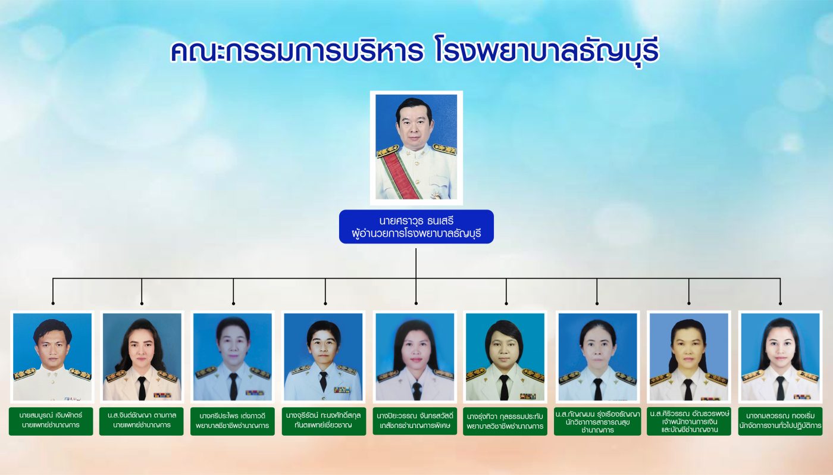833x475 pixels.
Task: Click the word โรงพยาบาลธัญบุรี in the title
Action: [x=547, y=51]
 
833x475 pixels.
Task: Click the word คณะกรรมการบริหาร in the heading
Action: [x=297, y=51]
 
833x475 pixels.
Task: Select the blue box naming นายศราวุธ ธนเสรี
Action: [x=416, y=227]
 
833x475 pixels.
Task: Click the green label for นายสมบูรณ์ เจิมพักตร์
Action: [x=51, y=421]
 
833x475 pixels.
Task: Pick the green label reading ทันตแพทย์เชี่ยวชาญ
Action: [x=324, y=421]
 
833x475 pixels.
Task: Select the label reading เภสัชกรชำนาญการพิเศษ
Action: [x=415, y=421]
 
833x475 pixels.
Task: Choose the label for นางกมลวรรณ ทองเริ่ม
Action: [x=780, y=421]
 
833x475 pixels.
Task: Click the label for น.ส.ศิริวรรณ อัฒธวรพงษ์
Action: [x=689, y=421]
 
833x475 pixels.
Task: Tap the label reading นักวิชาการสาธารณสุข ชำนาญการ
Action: [x=597, y=421]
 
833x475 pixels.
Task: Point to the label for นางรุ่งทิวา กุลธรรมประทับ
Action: [x=505, y=421]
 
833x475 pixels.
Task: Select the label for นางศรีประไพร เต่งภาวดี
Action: [x=233, y=421]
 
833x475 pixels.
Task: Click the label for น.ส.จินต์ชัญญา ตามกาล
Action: [x=142, y=421]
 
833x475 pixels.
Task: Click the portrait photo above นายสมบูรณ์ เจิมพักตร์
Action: [x=52, y=357]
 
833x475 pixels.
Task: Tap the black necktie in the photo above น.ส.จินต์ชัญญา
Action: [x=142, y=388]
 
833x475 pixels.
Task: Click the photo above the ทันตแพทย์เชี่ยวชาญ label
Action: [x=323, y=357]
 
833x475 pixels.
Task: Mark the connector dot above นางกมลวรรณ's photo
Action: [x=780, y=304]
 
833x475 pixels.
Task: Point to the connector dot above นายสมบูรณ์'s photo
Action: [x=53, y=304]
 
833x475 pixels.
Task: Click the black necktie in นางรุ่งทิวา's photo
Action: [x=505, y=387]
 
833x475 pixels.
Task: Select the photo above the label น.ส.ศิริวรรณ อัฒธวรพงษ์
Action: [x=689, y=357]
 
